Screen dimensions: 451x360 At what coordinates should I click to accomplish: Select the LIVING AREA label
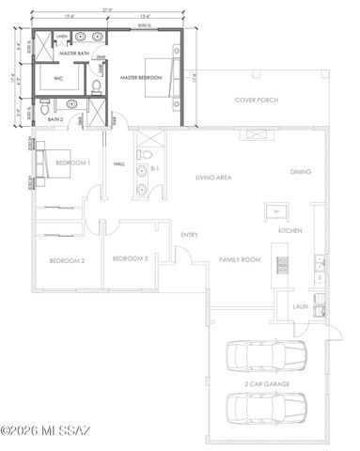[213, 177]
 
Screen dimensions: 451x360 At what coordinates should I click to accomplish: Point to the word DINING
[301, 172]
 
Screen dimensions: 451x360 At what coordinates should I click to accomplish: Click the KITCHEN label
[289, 230]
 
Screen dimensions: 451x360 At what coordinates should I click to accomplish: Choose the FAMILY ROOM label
[239, 258]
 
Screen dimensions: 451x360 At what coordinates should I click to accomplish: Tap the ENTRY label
[189, 235]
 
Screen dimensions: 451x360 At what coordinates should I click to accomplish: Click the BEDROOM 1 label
[72, 163]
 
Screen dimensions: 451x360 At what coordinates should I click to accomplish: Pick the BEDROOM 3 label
[130, 258]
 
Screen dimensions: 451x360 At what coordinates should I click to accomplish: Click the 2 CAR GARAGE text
[268, 383]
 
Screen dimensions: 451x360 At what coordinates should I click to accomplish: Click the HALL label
[119, 163]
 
